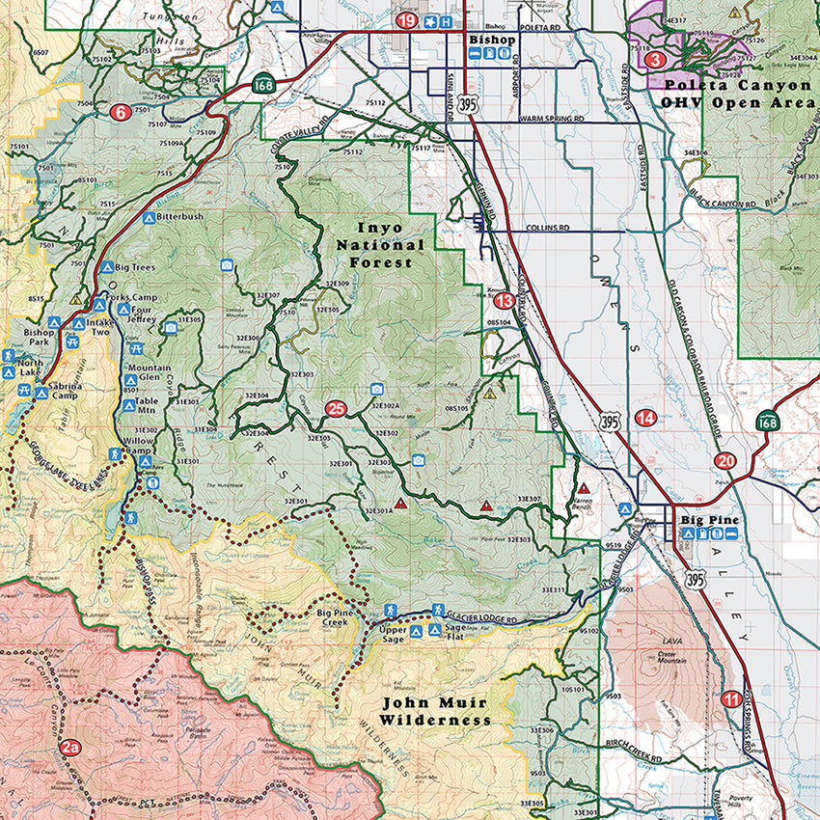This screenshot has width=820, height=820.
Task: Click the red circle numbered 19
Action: coord(407,21)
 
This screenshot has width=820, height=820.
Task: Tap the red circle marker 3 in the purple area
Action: coord(656,60)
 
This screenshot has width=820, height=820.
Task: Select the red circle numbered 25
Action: coord(336,409)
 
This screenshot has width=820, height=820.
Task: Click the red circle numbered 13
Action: coord(504,300)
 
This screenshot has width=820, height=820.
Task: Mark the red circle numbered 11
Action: coord(732,699)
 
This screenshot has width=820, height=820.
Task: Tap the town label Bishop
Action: coord(489,40)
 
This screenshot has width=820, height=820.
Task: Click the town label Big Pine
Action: coord(709,521)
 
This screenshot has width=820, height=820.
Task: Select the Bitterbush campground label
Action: coord(179,217)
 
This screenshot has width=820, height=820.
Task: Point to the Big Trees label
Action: coord(135,266)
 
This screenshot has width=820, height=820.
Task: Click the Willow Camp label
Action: coord(138,445)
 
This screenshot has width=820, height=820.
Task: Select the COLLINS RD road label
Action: coord(548,230)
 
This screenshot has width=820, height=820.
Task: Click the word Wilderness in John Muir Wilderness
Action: coord(435,720)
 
